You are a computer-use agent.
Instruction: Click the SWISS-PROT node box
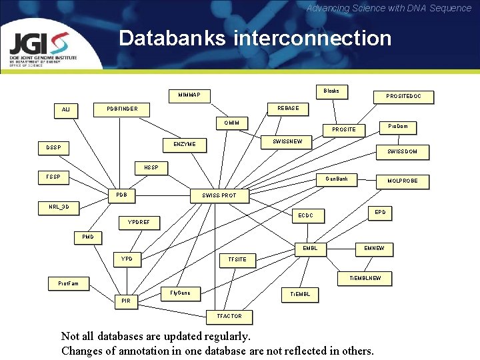click(x=219, y=196)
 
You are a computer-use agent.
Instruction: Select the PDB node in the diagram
click(x=121, y=195)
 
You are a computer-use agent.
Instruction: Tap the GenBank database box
click(x=337, y=179)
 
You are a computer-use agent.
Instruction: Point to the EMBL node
click(x=310, y=249)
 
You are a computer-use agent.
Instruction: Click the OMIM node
click(x=232, y=123)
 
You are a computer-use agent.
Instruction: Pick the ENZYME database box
click(x=185, y=144)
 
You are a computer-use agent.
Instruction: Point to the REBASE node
click(x=288, y=108)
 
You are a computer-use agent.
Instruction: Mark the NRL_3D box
click(x=59, y=207)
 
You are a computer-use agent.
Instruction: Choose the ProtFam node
click(x=68, y=284)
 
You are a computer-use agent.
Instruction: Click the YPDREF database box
click(x=139, y=222)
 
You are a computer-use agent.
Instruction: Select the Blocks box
click(x=331, y=91)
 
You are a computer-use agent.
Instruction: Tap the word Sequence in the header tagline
click(x=449, y=8)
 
